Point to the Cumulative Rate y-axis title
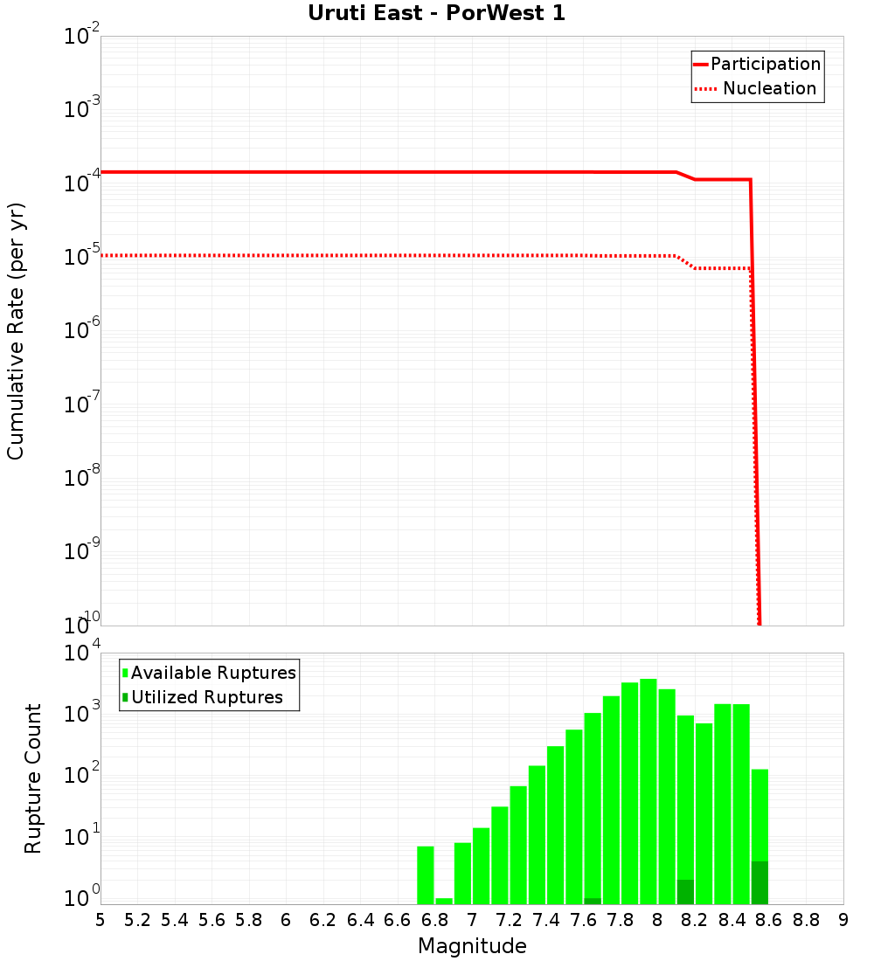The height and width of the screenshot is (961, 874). click(x=16, y=330)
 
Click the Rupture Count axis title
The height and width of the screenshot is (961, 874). click(x=33, y=778)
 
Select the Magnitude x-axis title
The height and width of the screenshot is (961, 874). click(x=472, y=946)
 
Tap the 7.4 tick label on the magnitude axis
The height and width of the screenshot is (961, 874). click(x=546, y=920)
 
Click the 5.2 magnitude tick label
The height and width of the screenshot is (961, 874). click(x=138, y=920)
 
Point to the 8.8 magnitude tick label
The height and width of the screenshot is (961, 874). click(x=806, y=920)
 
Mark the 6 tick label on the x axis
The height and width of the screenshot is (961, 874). click(x=286, y=920)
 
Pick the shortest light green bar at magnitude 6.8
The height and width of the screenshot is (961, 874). click(x=444, y=901)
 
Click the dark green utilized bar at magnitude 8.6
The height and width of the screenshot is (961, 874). click(x=760, y=883)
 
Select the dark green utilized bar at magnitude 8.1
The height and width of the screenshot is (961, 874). click(x=685, y=892)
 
